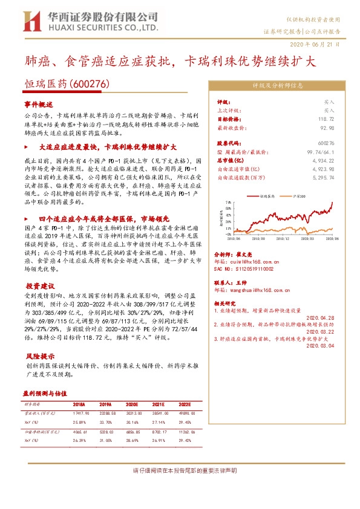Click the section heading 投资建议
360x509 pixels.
coord(40,285)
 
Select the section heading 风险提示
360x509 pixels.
coord(40,356)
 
